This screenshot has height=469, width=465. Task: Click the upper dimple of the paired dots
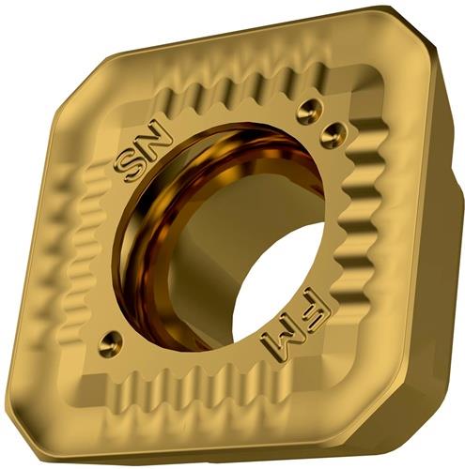tap(308, 111)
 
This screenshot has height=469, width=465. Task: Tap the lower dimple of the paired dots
tap(334, 135)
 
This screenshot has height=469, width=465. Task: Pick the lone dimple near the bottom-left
tap(110, 345)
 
